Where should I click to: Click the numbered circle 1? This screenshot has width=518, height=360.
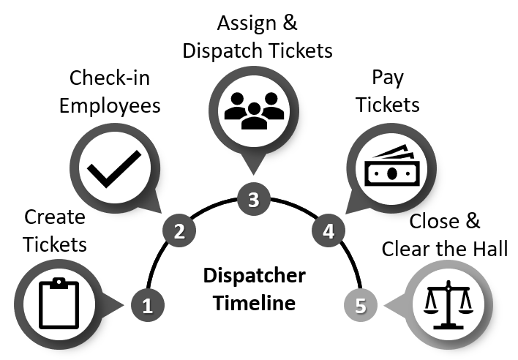[x=148, y=303]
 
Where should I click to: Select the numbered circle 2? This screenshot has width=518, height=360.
[x=179, y=232]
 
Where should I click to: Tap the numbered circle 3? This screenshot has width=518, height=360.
[x=254, y=199]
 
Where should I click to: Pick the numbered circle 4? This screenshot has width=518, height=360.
[x=329, y=232]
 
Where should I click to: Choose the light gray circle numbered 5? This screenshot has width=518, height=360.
[x=360, y=303]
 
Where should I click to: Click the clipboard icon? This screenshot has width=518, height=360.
[x=58, y=301]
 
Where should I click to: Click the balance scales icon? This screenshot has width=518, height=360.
[x=447, y=301]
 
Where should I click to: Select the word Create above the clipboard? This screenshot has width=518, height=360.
[x=55, y=217]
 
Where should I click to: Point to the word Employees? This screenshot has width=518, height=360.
[x=109, y=105]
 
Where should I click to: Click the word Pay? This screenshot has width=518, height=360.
[x=388, y=78]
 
